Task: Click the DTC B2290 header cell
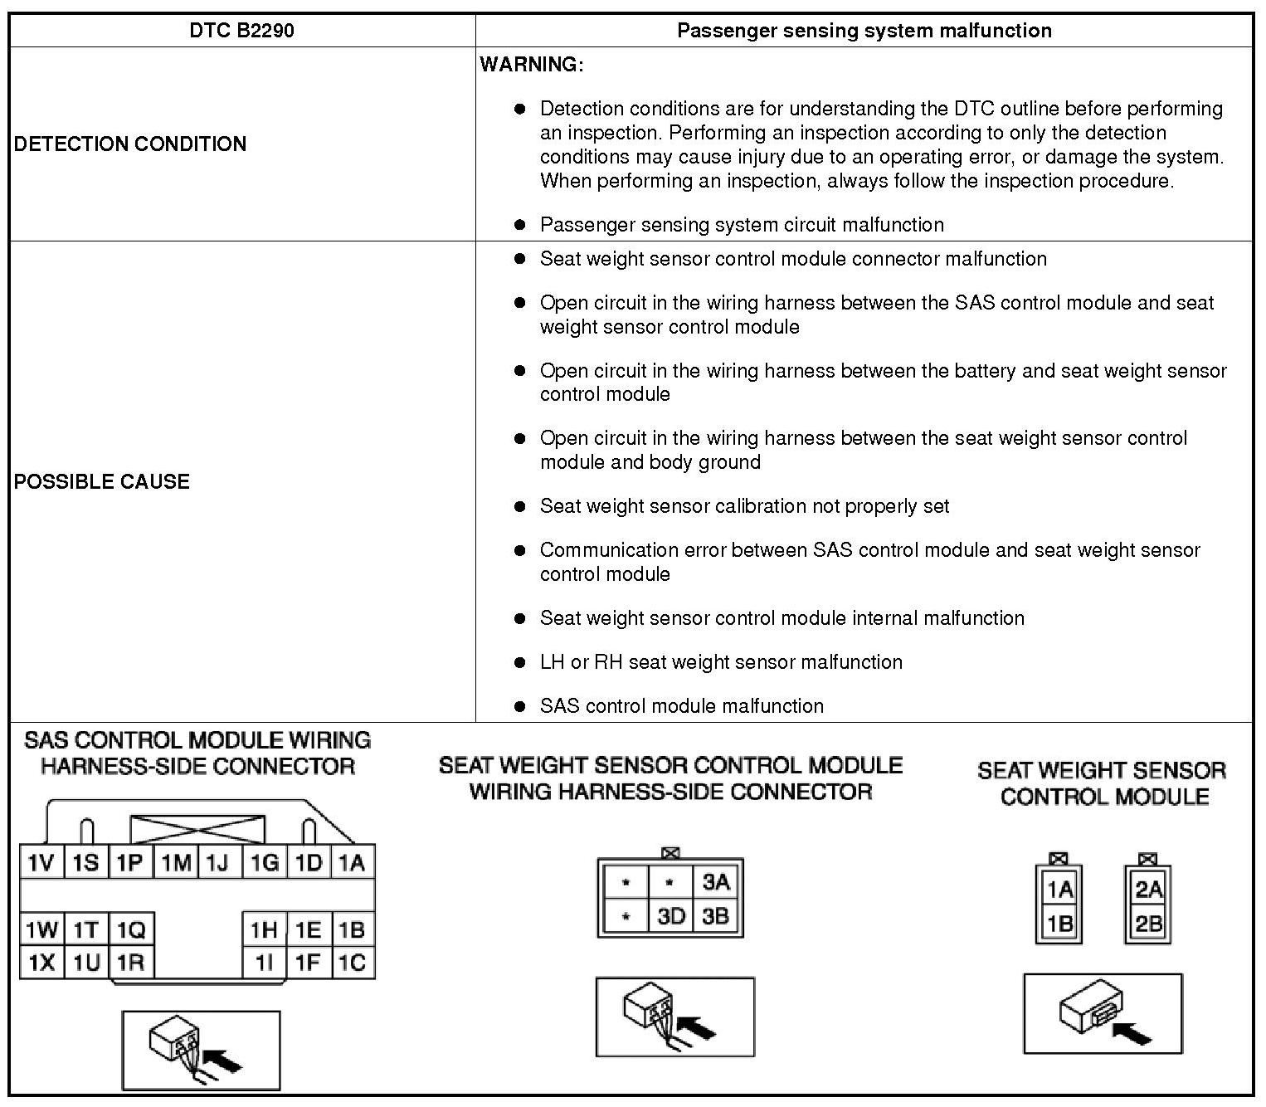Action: point(241,31)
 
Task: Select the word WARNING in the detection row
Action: point(532,65)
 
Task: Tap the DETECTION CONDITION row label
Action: point(130,144)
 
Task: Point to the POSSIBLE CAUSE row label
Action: point(101,481)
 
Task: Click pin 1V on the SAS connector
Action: point(41,863)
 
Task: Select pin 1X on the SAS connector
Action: point(41,963)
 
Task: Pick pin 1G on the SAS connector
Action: point(265,863)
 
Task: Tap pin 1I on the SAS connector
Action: point(265,963)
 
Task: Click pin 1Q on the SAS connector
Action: point(130,929)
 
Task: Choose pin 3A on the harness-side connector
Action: point(715,881)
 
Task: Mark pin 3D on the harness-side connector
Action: point(670,916)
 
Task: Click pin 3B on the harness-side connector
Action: point(715,916)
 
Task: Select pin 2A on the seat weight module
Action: point(1148,890)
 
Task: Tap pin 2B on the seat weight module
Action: point(1148,923)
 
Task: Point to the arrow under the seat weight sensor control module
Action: point(1132,1033)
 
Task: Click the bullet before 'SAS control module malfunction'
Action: point(520,706)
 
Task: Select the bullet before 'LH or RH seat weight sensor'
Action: point(520,662)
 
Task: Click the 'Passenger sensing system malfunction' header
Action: point(864,31)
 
